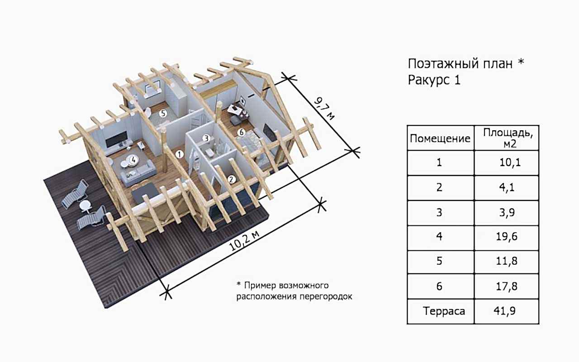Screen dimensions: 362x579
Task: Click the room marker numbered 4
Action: click(x=133, y=159)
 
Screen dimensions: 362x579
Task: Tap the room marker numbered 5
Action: click(x=163, y=114)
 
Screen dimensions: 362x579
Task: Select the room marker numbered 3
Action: click(x=206, y=138)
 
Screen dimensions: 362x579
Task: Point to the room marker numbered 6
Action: click(x=241, y=133)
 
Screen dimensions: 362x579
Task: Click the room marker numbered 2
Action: click(x=232, y=179)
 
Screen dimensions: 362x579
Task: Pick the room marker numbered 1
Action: click(x=180, y=154)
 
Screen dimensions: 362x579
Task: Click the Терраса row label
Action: click(x=440, y=311)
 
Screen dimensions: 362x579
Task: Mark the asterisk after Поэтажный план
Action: click(x=521, y=62)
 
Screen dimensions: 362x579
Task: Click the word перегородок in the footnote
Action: click(x=323, y=297)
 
